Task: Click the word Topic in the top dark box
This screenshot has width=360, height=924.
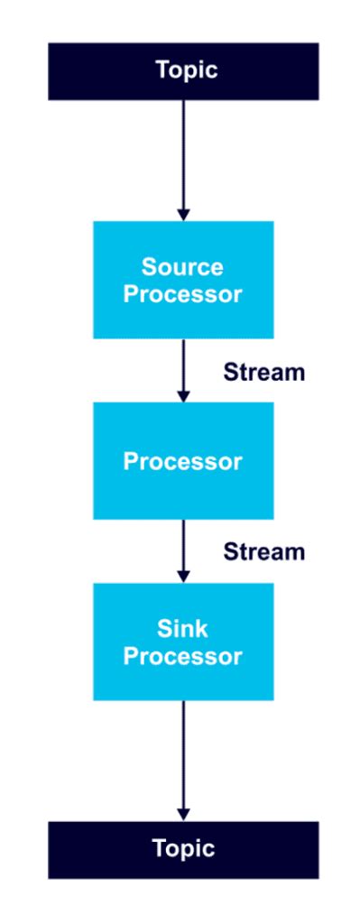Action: point(186,70)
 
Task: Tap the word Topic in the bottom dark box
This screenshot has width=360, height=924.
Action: point(183,848)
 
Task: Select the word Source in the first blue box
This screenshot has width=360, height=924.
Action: point(182,267)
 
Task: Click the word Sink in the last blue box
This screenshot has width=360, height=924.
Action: point(182,628)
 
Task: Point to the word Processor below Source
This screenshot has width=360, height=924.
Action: point(182,294)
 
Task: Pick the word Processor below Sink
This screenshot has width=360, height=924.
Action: point(182,656)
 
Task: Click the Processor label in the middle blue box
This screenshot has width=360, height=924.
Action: point(182,461)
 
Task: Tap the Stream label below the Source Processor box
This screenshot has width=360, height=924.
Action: point(264,371)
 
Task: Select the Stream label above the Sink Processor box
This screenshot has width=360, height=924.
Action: point(264,550)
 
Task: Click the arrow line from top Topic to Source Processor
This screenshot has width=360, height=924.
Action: point(183,153)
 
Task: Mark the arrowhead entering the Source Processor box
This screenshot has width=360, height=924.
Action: point(183,215)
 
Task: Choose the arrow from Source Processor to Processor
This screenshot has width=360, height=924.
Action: point(183,365)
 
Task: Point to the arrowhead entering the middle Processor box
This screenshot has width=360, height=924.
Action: point(183,395)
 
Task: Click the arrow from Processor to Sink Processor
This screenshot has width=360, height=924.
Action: point(183,546)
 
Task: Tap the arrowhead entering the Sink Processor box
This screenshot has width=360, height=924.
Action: point(183,576)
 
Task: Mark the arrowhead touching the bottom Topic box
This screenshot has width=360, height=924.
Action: point(183,814)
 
